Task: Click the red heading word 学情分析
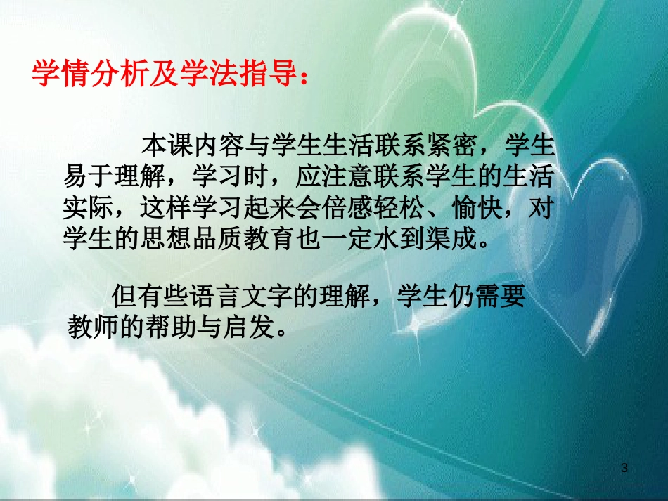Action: [84, 73]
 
